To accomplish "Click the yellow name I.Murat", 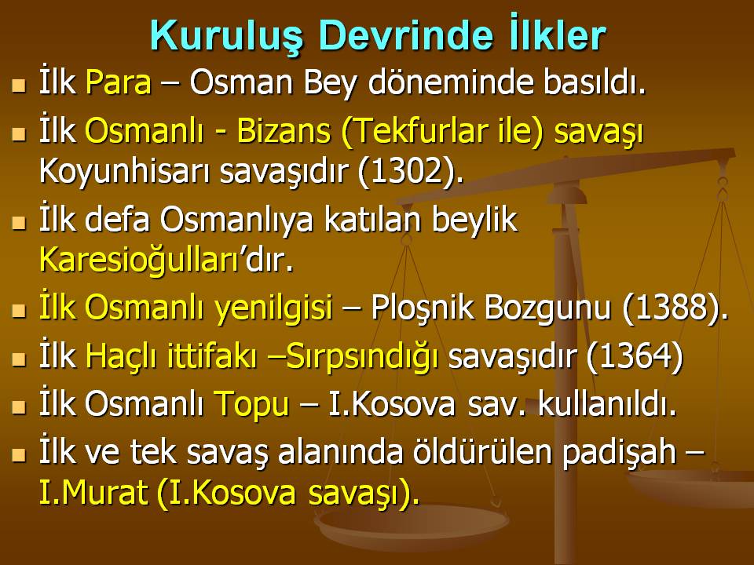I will coord(90,494).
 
